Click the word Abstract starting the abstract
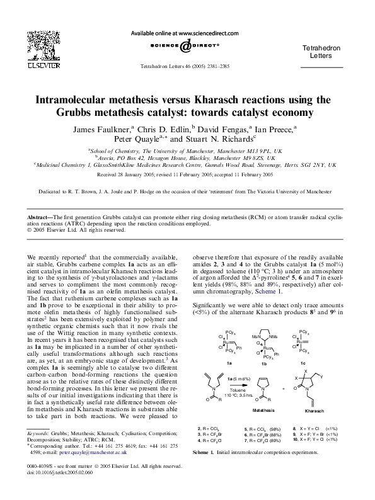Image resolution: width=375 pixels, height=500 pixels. tap(40, 217)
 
